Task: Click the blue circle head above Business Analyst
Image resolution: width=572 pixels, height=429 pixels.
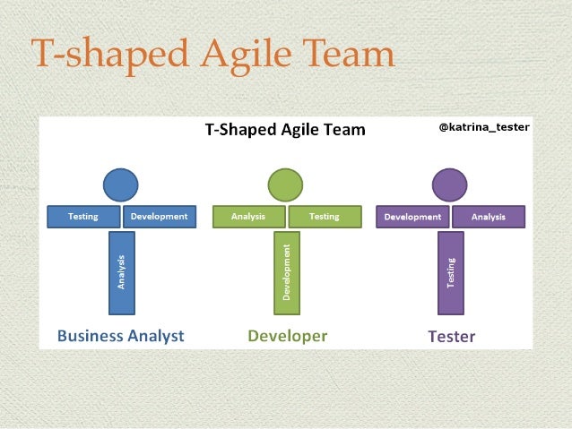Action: (121, 184)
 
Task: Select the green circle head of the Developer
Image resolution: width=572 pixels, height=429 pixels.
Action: (286, 184)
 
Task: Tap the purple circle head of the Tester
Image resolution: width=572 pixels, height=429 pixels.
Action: (450, 184)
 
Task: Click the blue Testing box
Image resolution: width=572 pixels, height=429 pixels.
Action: (83, 217)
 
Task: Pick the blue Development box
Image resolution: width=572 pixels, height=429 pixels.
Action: (159, 217)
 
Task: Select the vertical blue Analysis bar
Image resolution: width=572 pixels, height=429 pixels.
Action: (121, 272)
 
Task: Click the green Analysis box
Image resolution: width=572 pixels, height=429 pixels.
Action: (248, 217)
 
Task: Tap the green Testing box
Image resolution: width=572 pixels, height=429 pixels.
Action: (325, 217)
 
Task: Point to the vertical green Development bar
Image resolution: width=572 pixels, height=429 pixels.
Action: (286, 272)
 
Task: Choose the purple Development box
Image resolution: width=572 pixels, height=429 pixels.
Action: (412, 217)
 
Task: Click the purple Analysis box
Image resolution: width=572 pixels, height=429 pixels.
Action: (489, 217)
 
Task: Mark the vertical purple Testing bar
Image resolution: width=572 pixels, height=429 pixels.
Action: (451, 272)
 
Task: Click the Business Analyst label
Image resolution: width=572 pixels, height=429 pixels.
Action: (120, 337)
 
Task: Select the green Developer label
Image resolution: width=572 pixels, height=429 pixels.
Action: (287, 337)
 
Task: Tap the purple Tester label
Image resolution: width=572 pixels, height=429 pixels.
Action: (451, 337)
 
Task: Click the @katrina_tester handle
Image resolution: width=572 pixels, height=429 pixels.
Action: (483, 127)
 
